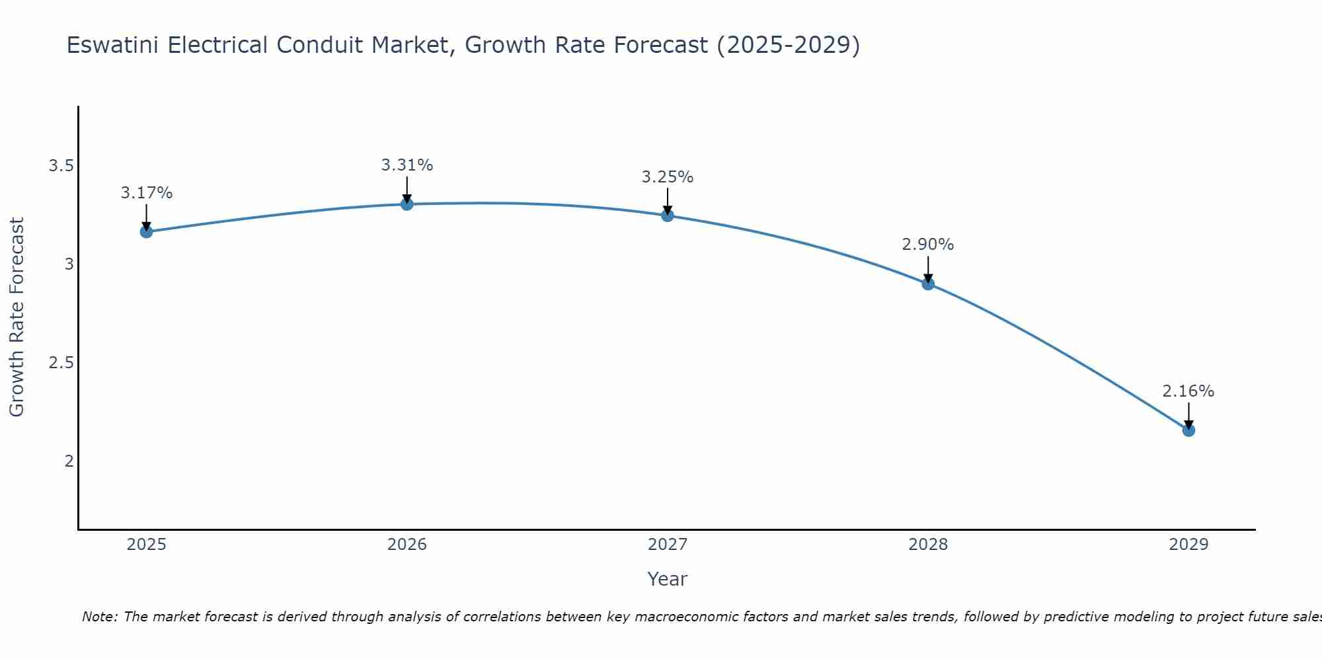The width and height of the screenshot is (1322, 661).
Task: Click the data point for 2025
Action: (x=146, y=231)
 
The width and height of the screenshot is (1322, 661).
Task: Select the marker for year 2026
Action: (x=407, y=204)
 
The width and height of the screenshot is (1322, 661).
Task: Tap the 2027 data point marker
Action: (x=668, y=215)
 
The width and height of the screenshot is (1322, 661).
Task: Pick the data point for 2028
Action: (x=928, y=284)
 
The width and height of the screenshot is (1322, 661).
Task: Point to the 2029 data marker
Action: (x=1188, y=430)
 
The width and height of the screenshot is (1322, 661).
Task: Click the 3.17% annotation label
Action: (x=146, y=193)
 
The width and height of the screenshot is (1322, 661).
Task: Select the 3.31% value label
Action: (x=407, y=165)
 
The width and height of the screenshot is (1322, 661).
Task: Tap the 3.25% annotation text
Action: (x=668, y=177)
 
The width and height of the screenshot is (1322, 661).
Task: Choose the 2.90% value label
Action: (x=928, y=245)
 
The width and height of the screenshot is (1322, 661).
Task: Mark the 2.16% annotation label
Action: (x=1188, y=391)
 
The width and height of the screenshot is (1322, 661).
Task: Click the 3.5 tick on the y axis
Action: (x=61, y=166)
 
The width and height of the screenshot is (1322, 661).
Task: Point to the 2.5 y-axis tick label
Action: (x=61, y=363)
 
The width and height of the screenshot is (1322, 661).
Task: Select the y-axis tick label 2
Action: (x=69, y=461)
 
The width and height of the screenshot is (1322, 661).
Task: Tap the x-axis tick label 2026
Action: (x=407, y=545)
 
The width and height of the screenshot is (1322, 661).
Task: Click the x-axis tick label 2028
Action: (x=928, y=545)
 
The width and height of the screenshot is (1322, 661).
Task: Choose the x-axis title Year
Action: (x=668, y=579)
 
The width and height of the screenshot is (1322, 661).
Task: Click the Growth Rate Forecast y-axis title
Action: (x=17, y=317)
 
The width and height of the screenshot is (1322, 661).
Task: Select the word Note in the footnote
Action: (x=99, y=617)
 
